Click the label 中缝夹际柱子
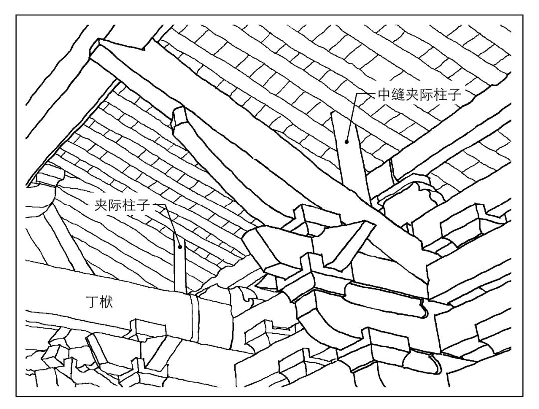pos(418,94)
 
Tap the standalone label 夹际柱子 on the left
pos(122,204)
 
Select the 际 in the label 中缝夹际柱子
pos(425,94)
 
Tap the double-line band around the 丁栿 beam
pos(194,319)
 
